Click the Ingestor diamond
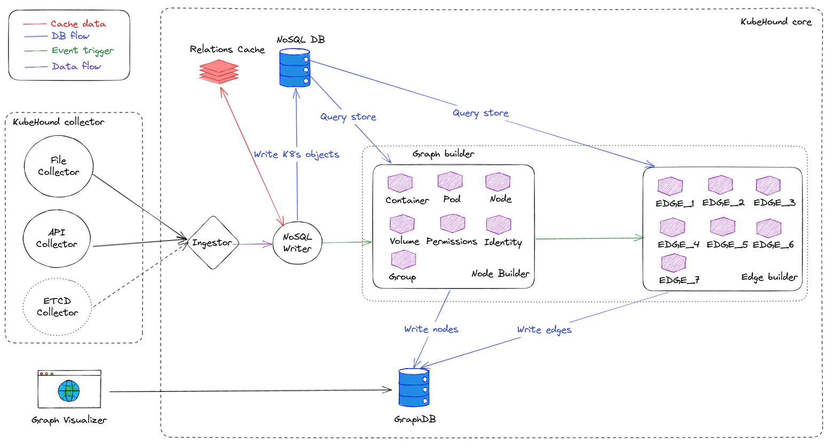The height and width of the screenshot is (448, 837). [212, 243]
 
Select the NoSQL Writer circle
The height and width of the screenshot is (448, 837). [297, 243]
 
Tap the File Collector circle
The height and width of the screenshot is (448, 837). [59, 166]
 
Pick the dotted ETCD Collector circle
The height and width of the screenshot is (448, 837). [57, 307]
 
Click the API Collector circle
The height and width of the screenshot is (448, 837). [57, 238]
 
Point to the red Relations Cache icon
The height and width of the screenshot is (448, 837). [219, 71]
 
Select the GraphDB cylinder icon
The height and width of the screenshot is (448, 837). [414, 388]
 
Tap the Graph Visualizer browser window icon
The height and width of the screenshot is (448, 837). [69, 389]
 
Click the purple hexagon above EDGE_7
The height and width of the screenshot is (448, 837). [674, 263]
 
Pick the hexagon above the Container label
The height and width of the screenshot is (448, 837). [400, 183]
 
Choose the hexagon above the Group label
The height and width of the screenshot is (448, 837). [403, 260]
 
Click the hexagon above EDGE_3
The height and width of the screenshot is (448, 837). [769, 186]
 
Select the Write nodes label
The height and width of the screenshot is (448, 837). [431, 329]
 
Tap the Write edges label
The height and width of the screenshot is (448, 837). [544, 330]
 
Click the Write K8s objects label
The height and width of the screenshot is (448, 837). [296, 154]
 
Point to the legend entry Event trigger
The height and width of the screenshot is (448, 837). [82, 51]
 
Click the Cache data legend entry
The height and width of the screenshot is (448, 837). [78, 23]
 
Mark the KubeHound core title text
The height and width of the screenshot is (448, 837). [776, 22]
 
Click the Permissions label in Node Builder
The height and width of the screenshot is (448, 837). [452, 241]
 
